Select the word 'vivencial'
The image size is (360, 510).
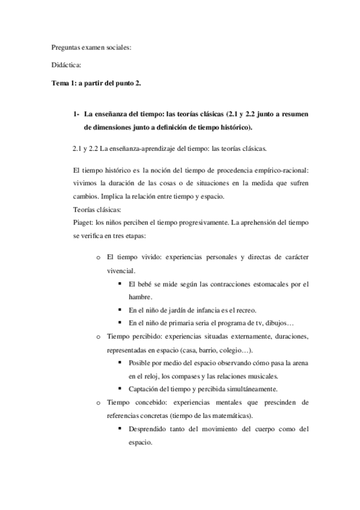coord(120,271)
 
